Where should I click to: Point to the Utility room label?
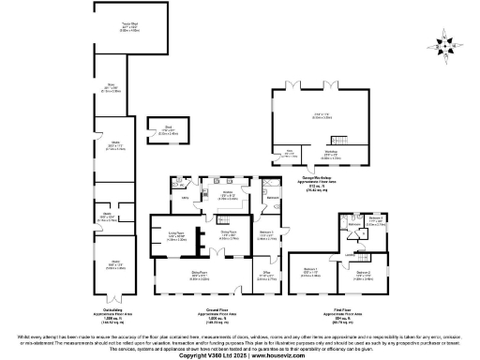tap(186, 198)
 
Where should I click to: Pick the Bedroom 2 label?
tap(363, 273)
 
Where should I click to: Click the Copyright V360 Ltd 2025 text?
tap(202, 355)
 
